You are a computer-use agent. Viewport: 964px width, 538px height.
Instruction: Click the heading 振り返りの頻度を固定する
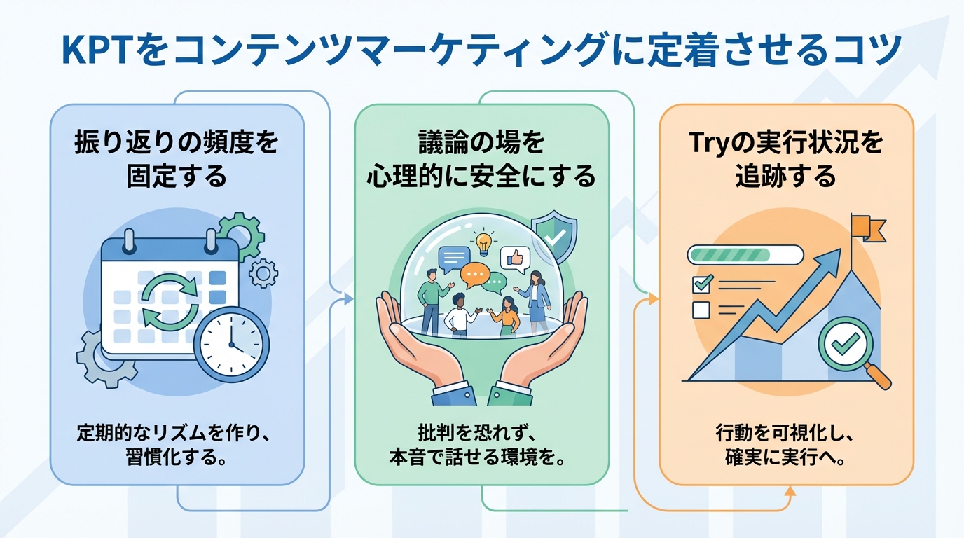coord(177,159)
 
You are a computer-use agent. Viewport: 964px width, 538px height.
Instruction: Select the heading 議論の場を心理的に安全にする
coord(481,159)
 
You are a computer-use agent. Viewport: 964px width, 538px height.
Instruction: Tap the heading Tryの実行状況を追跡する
coord(785,159)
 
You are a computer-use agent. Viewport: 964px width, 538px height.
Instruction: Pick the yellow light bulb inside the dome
coord(484,243)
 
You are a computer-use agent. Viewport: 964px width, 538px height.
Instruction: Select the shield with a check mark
coord(553,234)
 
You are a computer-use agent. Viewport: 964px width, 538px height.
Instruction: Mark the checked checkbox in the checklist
coord(701,284)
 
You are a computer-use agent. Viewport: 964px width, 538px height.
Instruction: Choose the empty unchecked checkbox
coord(701,309)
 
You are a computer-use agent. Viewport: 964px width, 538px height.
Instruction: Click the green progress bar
coord(745,254)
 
